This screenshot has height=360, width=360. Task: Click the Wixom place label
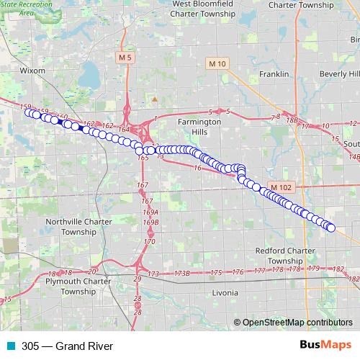(x=33, y=71)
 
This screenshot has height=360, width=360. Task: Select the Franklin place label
(x=274, y=74)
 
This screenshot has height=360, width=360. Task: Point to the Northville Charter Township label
(x=75, y=227)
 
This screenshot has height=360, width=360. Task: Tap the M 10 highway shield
(x=216, y=65)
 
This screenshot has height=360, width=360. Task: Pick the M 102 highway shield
(x=282, y=187)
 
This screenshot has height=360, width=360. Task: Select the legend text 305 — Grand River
(x=68, y=346)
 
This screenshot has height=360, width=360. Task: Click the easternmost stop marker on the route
(x=331, y=228)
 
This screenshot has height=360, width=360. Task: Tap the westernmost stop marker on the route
(x=29, y=112)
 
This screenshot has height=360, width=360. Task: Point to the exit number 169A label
(x=150, y=212)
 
